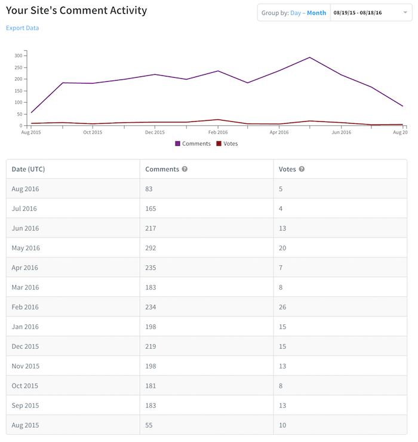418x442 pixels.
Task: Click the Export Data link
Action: point(23,28)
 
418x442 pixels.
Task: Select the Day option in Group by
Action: point(296,13)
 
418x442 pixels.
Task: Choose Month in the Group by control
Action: point(316,13)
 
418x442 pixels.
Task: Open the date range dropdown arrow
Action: point(405,13)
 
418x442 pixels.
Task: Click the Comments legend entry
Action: point(193,144)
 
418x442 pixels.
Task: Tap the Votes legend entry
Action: point(227,144)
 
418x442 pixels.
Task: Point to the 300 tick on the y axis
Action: point(19,56)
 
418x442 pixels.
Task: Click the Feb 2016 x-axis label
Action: point(218,133)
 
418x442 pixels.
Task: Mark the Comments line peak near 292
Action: point(310,57)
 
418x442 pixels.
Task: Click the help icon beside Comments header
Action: point(185,169)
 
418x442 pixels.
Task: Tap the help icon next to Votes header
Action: point(302,169)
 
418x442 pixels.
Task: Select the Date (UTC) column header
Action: point(28,169)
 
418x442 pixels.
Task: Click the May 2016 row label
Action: point(26,248)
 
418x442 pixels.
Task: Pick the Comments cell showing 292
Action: point(150,248)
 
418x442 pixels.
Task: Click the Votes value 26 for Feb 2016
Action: point(282,307)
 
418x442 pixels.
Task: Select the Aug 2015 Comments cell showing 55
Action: point(149,425)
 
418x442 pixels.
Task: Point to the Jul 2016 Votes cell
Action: point(281,208)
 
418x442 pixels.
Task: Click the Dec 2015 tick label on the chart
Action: point(155,133)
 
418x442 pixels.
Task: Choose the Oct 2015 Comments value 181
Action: point(150,386)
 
